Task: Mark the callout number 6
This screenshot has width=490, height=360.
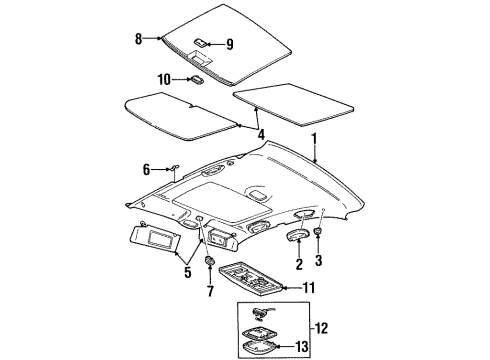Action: point(146,171)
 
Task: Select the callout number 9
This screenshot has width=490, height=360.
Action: point(229,44)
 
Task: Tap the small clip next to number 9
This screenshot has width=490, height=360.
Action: point(200,43)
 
